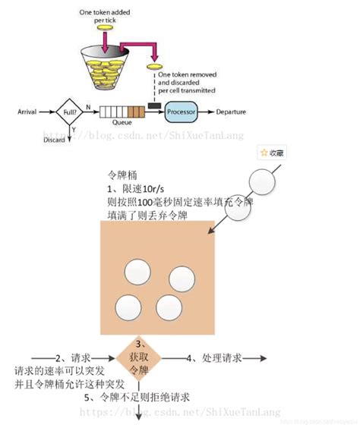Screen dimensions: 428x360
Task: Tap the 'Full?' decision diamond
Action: [x=68, y=112]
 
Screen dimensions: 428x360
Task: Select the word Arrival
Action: [x=27, y=112]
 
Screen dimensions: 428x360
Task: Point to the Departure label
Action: [x=231, y=112]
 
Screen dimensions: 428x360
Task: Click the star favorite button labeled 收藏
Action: [x=272, y=153]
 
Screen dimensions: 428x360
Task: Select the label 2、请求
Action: [x=74, y=357]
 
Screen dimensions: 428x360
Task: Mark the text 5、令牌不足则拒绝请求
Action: [x=137, y=397]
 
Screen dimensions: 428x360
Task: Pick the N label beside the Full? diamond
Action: [x=90, y=107]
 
